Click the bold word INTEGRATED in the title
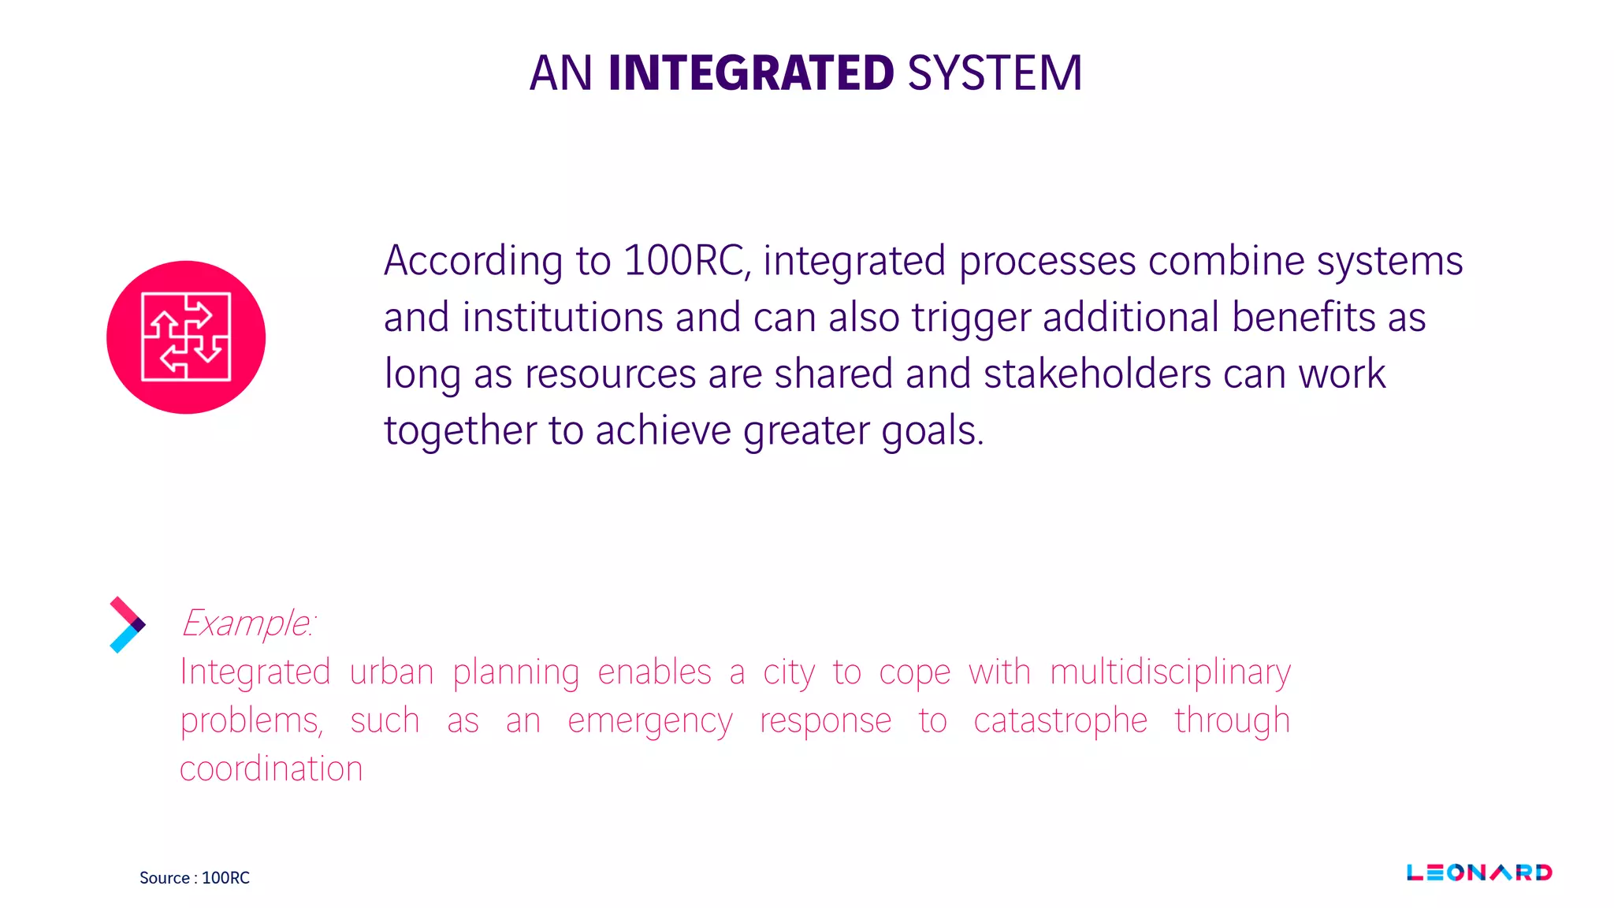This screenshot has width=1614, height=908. [x=750, y=73]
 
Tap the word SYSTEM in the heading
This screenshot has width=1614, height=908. [x=995, y=73]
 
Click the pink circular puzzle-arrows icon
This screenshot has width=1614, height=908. [x=186, y=337]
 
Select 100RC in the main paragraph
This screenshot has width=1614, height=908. [x=683, y=261]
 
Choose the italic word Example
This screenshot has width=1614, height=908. [x=246, y=623]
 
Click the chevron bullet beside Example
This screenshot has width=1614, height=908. [x=126, y=624]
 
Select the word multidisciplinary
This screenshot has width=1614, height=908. [x=1170, y=673]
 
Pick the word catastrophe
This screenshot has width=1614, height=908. [x=1060, y=721]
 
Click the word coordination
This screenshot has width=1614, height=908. [x=271, y=769]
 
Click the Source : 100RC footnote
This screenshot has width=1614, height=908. [x=195, y=877]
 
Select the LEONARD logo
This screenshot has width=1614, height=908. [x=1479, y=873]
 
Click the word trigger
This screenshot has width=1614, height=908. [x=971, y=318]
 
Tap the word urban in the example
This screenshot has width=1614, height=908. [x=392, y=672]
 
